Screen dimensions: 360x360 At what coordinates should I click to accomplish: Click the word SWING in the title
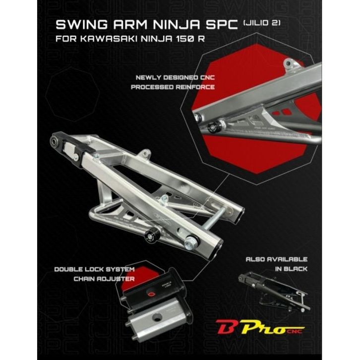[79, 26]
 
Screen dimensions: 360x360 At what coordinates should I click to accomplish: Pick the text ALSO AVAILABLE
[277, 259]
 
